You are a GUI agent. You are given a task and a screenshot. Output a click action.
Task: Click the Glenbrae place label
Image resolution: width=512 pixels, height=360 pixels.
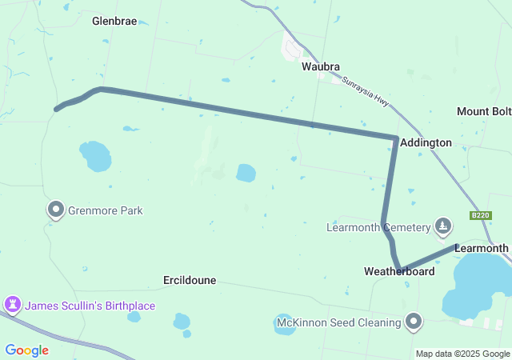tap(114, 21)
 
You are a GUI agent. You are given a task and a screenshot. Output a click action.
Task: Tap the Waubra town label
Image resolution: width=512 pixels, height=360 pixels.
tap(321, 66)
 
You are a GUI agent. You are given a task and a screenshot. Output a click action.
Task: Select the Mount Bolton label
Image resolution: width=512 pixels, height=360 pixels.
tap(484, 111)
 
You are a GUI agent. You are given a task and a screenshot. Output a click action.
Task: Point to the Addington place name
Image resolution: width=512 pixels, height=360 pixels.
tap(426, 142)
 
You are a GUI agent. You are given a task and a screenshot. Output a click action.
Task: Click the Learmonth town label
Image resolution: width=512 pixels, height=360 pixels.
tap(482, 248)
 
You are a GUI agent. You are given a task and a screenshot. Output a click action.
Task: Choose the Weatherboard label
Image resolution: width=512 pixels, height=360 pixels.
tap(399, 272)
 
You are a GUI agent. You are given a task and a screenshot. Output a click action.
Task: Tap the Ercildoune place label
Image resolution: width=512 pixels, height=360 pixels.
tap(190, 281)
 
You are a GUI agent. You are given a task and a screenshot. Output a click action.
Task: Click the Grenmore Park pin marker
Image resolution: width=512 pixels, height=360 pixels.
tap(56, 210)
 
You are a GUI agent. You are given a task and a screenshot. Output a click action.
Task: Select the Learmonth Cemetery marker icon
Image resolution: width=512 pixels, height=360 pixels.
tap(442, 227)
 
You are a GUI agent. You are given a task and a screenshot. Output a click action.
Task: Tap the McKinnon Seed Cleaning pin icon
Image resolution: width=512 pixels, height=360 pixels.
tap(414, 322)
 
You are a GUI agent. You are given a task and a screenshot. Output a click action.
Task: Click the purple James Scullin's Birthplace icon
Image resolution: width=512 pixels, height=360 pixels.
tap(12, 305)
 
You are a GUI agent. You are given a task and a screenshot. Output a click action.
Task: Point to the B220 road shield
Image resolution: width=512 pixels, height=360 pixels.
tap(480, 216)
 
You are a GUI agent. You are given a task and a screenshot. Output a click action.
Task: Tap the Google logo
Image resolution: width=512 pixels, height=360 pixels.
tap(26, 350)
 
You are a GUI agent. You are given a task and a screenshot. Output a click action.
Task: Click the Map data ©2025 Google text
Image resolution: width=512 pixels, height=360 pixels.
tap(462, 354)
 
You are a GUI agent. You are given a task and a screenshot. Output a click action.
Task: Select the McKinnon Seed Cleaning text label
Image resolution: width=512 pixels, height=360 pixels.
tap(338, 322)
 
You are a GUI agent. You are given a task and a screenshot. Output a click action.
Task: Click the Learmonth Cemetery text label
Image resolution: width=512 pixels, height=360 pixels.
tap(378, 228)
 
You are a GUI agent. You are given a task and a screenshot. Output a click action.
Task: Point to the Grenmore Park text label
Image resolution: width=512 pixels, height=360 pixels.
tap(106, 211)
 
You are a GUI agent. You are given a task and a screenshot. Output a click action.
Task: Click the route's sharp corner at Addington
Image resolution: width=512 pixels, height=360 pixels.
tap(395, 138)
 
